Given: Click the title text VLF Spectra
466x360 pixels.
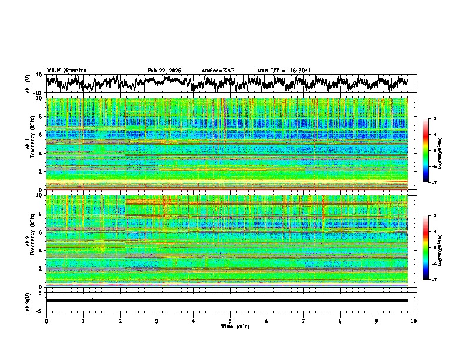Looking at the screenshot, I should click(x=66, y=70).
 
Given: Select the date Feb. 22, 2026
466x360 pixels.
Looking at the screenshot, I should click(x=164, y=71).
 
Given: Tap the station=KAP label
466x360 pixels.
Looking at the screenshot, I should click(x=218, y=71).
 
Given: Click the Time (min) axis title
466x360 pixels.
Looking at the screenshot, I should click(x=230, y=326).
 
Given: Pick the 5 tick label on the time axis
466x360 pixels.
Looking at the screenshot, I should click(x=230, y=321).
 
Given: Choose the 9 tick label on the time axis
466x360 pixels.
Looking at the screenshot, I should click(x=377, y=321).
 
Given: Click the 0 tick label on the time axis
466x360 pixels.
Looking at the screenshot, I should click(x=46, y=321).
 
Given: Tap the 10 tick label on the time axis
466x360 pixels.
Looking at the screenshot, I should click(x=414, y=321).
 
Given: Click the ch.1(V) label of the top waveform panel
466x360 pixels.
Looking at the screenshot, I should click(x=28, y=84).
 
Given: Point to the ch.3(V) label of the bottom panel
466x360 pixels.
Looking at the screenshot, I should click(x=28, y=301).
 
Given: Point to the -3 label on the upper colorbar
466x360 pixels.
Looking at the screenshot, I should click(x=433, y=119).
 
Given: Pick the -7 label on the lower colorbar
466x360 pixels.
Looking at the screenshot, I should click(x=433, y=280).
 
